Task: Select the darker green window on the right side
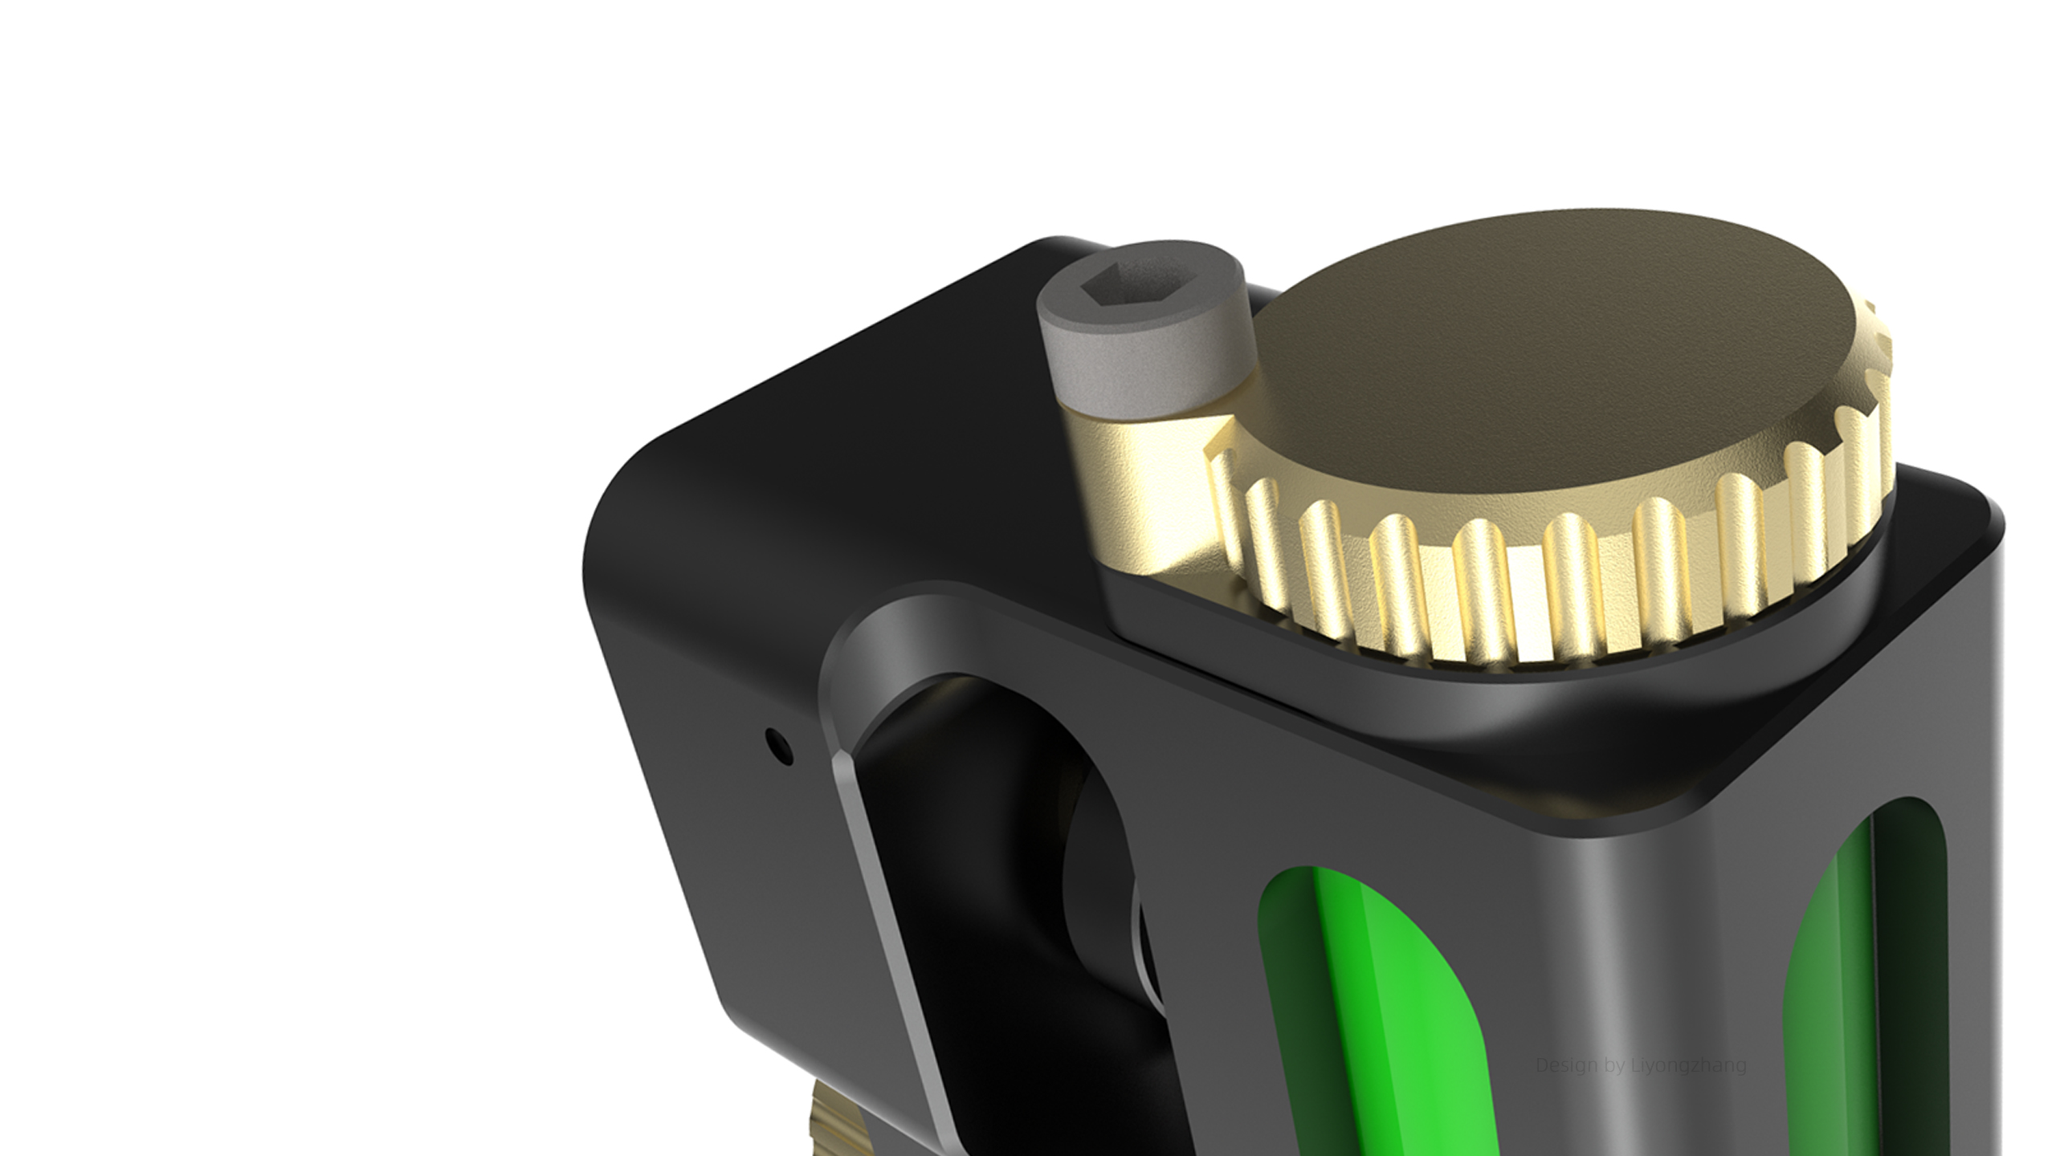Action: pos(1839,1003)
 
